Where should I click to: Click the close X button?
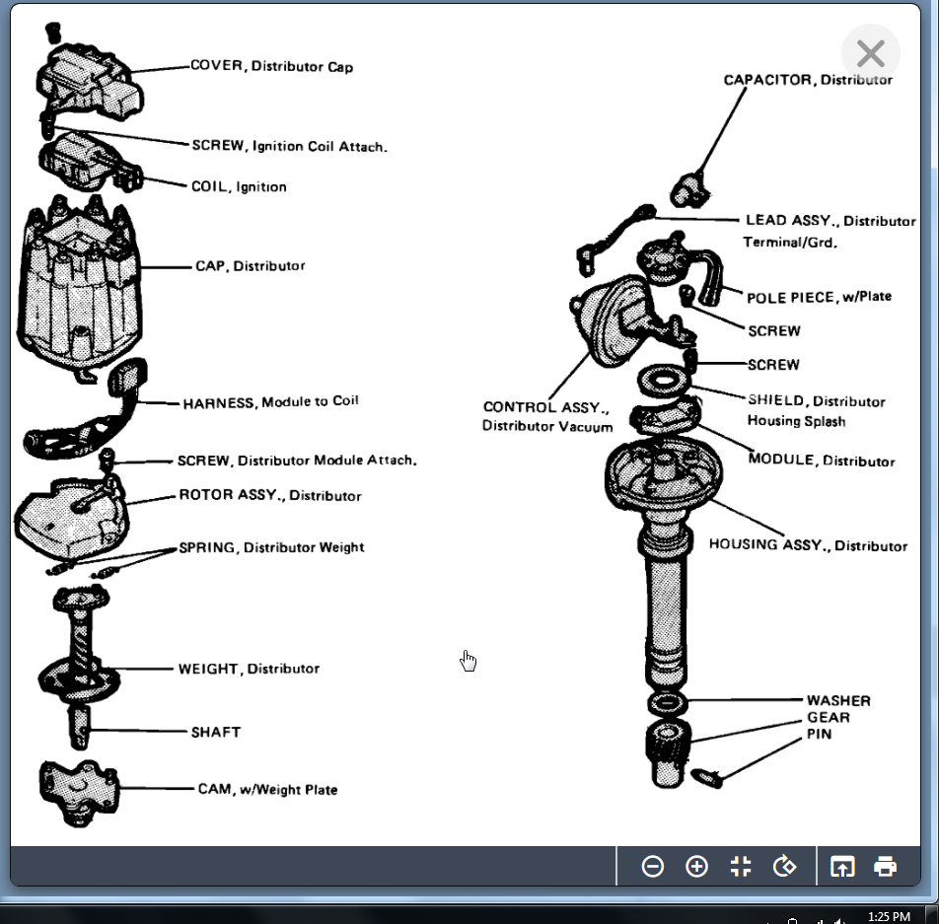[870, 53]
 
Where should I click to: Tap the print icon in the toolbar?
[885, 867]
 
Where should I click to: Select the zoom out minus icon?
[652, 867]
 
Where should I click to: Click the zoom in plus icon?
[696, 867]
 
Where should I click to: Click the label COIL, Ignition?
[239, 186]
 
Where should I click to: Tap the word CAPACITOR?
[768, 80]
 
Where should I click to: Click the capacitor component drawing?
[686, 188]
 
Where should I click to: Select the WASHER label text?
[838, 700]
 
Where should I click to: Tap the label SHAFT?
[215, 733]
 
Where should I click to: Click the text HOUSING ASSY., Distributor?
[808, 544]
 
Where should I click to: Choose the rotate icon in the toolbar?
[785, 867]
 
